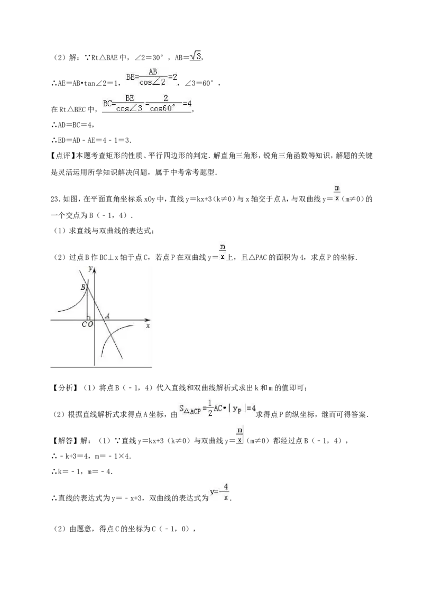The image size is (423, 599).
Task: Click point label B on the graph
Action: point(83,287)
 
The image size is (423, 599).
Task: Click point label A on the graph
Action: point(108,316)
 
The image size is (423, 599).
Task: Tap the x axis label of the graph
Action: point(148,325)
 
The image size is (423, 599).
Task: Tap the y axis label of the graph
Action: point(90,269)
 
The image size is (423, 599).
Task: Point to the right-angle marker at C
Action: point(89,318)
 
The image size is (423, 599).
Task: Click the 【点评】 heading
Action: point(63,156)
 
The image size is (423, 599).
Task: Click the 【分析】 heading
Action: point(63,388)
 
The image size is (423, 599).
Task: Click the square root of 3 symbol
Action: point(196,56)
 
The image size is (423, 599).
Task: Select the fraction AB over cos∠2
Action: point(153,77)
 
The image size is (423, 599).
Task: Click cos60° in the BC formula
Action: point(163,108)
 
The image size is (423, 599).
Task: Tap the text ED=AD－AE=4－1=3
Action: point(95,140)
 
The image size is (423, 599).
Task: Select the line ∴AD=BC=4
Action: point(73,124)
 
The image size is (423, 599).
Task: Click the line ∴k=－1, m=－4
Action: point(82,471)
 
